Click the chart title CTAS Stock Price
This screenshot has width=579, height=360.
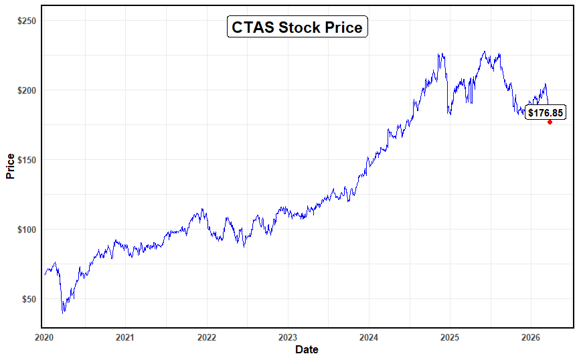[297, 27]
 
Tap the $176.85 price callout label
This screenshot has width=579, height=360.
[545, 112]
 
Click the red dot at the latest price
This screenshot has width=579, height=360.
[550, 122]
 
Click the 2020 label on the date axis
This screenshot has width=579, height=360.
[44, 337]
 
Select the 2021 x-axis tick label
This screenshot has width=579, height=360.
[125, 337]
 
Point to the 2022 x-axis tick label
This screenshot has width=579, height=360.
[206, 337]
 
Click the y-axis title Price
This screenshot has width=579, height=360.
[10, 167]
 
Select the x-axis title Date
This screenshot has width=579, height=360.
[307, 349]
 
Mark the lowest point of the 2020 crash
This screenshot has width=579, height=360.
[63, 312]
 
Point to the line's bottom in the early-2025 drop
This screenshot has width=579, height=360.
[450, 114]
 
